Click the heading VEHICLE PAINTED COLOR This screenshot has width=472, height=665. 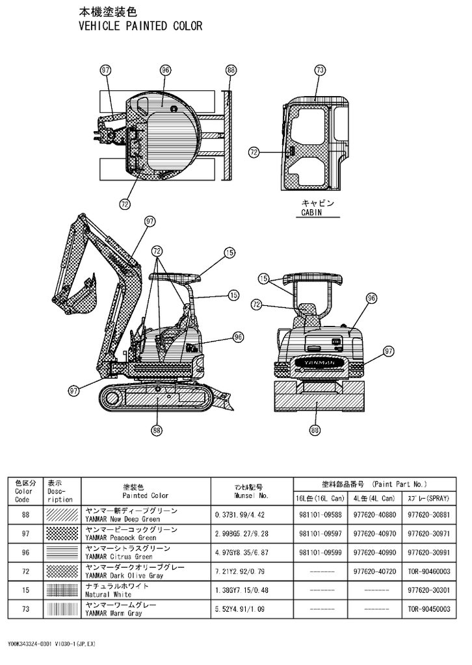(x=140, y=26)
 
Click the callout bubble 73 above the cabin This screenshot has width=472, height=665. (x=319, y=69)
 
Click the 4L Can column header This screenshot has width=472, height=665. (x=374, y=498)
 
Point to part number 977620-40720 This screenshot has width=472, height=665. (x=374, y=571)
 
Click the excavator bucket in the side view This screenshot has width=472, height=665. (x=83, y=299)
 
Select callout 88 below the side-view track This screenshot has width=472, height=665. (x=157, y=429)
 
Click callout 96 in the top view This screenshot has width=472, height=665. (x=165, y=69)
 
